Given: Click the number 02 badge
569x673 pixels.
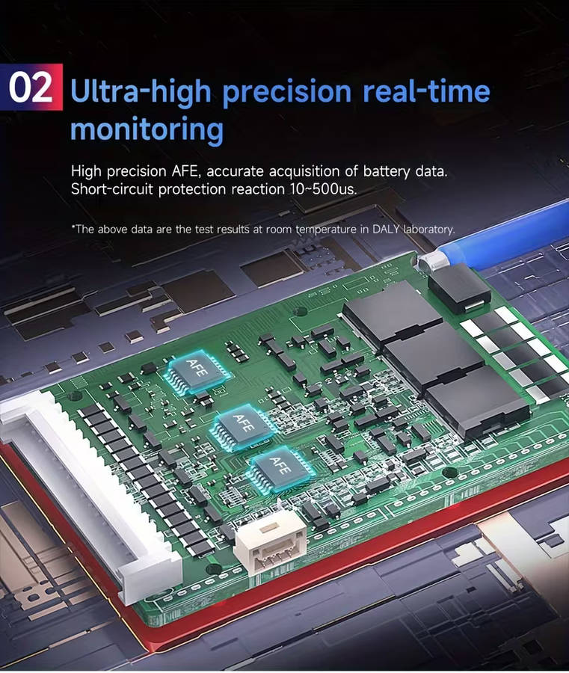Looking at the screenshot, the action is [31, 87].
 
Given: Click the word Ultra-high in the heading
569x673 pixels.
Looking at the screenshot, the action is [141, 92].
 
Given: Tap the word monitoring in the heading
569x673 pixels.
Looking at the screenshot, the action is [147, 129].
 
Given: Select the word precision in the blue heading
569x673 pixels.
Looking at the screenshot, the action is [287, 92].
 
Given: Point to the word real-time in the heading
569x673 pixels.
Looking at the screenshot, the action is [426, 90].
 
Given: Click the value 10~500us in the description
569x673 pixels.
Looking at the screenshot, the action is [323, 189].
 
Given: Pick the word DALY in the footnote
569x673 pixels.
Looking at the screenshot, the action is [387, 230].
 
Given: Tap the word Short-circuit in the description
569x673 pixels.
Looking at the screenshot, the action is [112, 189].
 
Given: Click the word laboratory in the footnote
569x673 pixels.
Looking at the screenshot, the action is [428, 230].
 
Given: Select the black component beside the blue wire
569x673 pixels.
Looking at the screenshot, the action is [460, 288].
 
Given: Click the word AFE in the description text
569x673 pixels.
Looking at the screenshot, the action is [186, 171].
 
